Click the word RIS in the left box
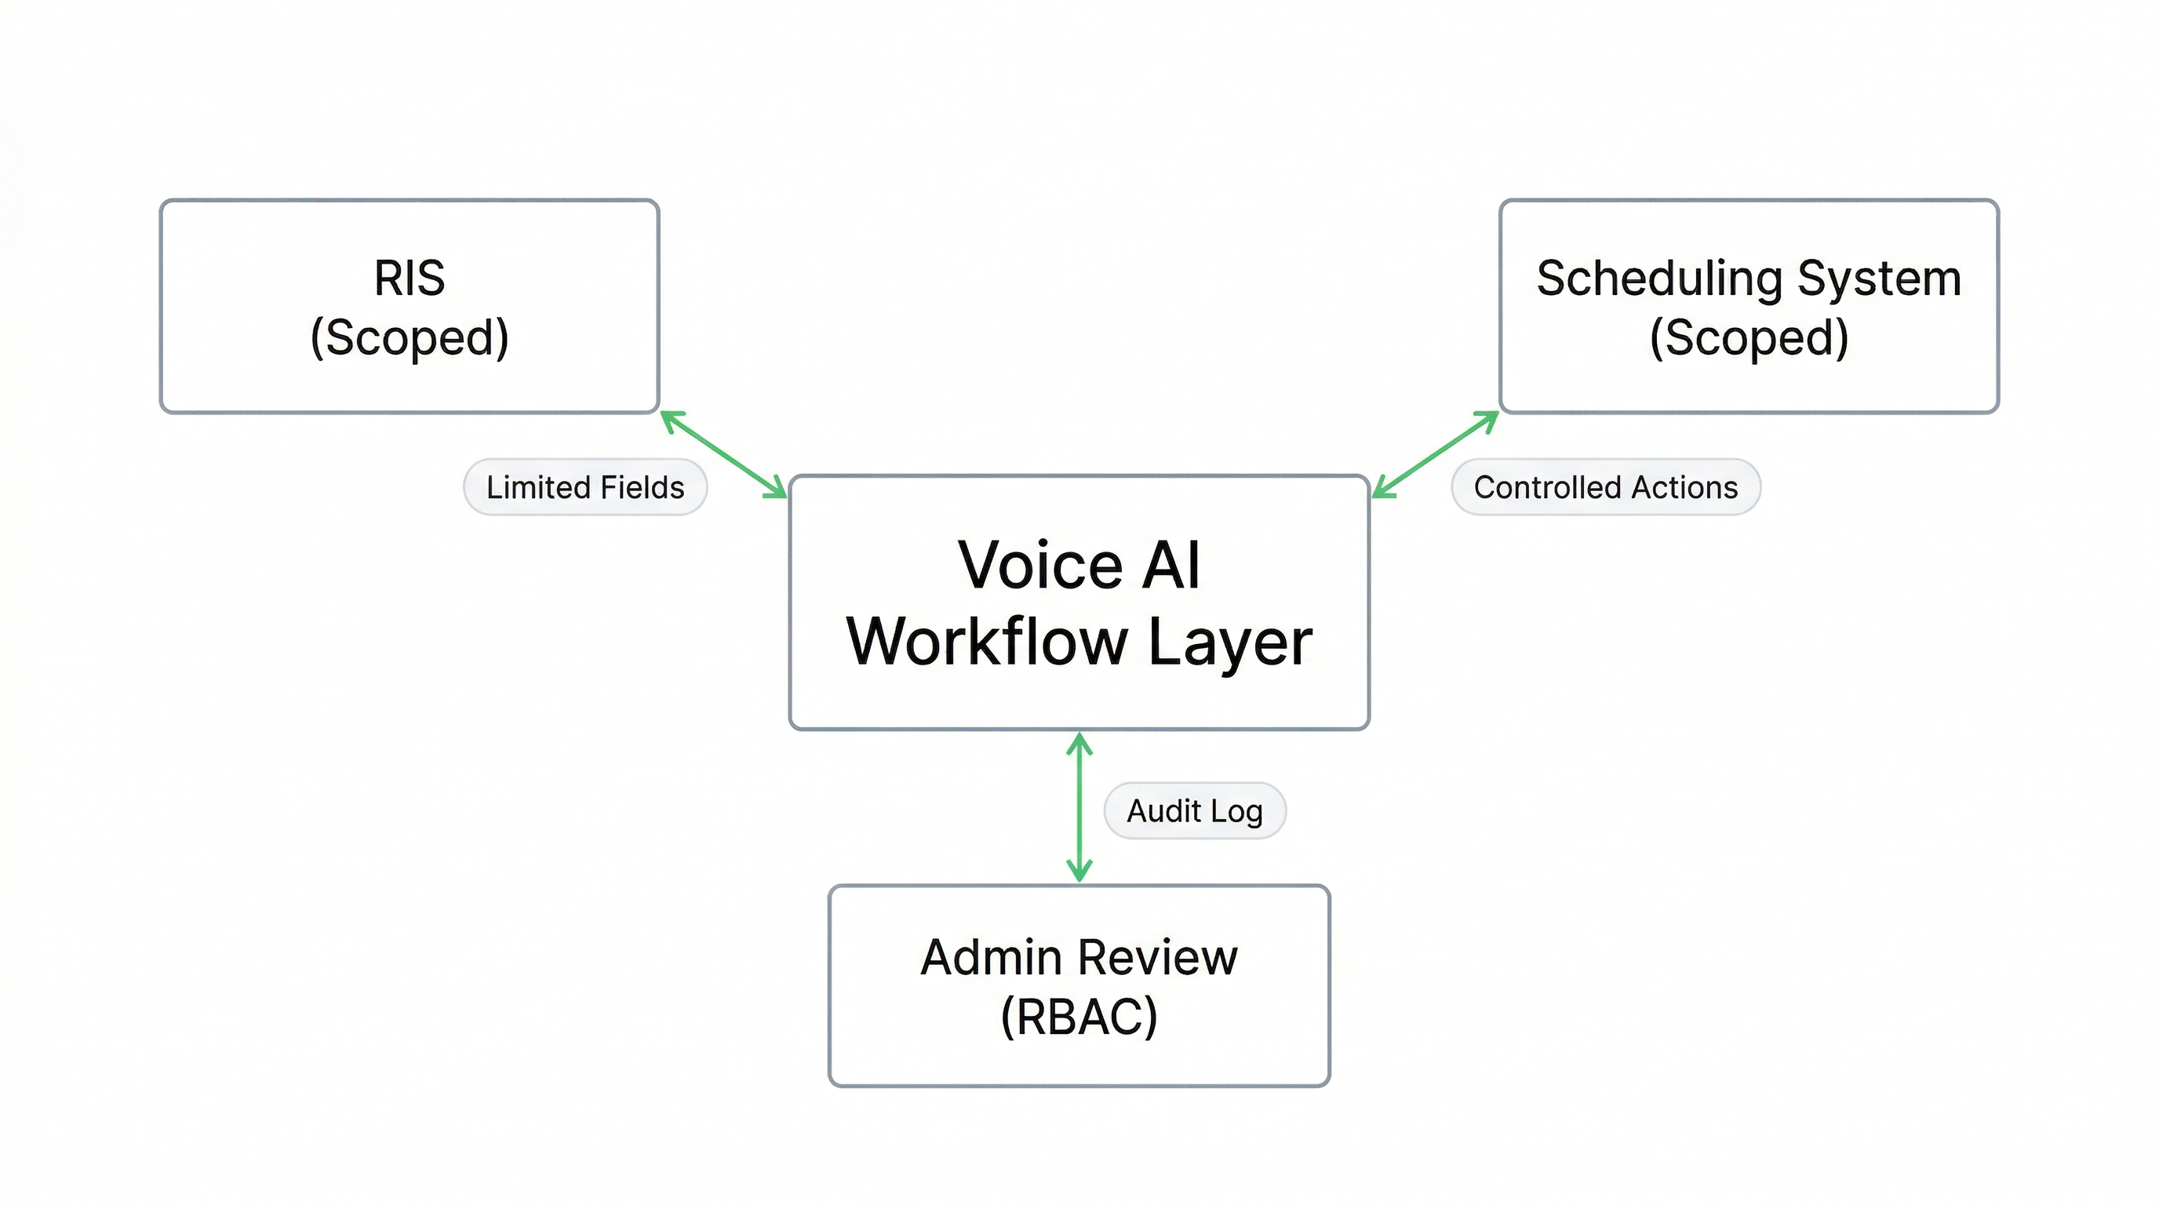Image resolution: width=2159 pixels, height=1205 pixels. (x=409, y=278)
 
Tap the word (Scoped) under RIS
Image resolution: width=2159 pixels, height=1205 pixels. (x=409, y=337)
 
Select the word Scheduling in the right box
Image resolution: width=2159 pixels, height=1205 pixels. (x=1658, y=280)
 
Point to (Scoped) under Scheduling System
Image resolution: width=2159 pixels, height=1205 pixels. (x=1749, y=337)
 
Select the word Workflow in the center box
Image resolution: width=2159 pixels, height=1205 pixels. (x=986, y=642)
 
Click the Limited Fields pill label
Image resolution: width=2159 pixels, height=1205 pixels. (x=585, y=487)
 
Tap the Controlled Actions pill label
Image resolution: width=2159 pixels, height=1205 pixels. (x=1605, y=487)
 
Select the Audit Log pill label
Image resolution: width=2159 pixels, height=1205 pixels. (x=1194, y=811)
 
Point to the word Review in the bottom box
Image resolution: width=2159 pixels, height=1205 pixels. (x=1158, y=958)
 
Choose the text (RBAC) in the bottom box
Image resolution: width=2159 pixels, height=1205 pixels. (x=1079, y=1018)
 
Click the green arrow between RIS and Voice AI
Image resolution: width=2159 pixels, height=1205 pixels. (x=724, y=455)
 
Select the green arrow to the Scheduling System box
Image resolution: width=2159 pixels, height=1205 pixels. (x=1435, y=454)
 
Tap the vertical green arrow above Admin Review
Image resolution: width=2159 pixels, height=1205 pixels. (x=1079, y=806)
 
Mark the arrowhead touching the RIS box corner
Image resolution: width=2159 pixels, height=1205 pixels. (x=671, y=419)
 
